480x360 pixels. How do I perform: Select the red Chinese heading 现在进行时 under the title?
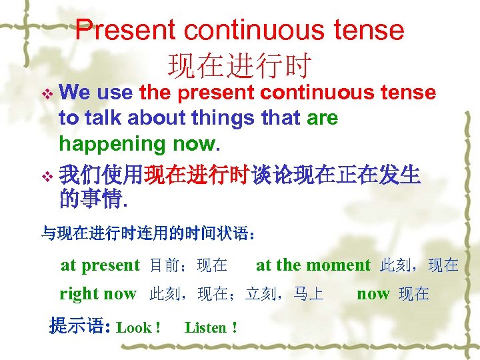pos(239,65)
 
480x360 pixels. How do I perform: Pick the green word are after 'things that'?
pos(322,118)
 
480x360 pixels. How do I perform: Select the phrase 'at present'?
pos(100,265)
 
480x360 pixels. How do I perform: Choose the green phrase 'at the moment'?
pos(313,265)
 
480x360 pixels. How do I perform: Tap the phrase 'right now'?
pos(98,294)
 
